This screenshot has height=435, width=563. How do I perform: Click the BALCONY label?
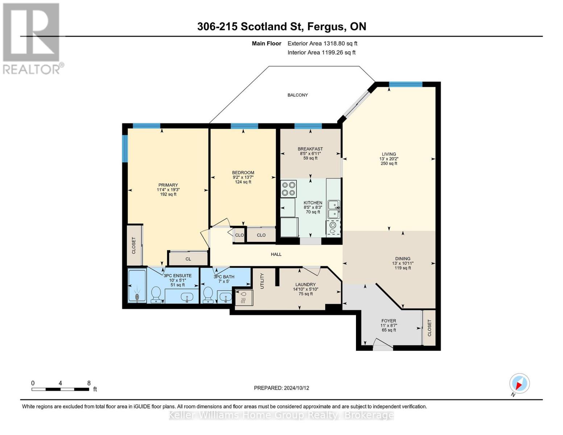(x=297, y=95)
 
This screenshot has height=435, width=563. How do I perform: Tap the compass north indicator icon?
(x=519, y=384)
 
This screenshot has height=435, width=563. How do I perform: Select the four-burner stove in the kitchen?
(x=289, y=189)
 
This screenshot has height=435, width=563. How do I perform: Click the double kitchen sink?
(x=334, y=209)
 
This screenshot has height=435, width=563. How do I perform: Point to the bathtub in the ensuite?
(x=137, y=286)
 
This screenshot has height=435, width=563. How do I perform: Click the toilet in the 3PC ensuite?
(x=156, y=295)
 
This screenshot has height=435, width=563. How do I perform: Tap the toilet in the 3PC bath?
(x=208, y=295)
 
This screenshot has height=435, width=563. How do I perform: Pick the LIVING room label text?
(x=389, y=154)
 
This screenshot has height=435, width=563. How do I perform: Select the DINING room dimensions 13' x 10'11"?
(x=403, y=263)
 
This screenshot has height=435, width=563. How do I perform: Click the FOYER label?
(x=389, y=321)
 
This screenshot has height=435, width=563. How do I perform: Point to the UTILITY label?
(x=262, y=281)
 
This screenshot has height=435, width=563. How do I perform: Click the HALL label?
(x=276, y=254)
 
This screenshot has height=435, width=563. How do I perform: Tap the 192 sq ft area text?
(x=168, y=194)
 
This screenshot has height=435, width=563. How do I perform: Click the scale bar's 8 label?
(x=89, y=383)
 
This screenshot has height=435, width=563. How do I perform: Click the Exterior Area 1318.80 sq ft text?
(x=322, y=43)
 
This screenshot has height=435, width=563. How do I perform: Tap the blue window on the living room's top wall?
(x=406, y=84)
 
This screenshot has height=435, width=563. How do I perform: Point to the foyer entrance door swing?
(x=383, y=344)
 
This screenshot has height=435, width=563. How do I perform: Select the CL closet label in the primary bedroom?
(x=188, y=259)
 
